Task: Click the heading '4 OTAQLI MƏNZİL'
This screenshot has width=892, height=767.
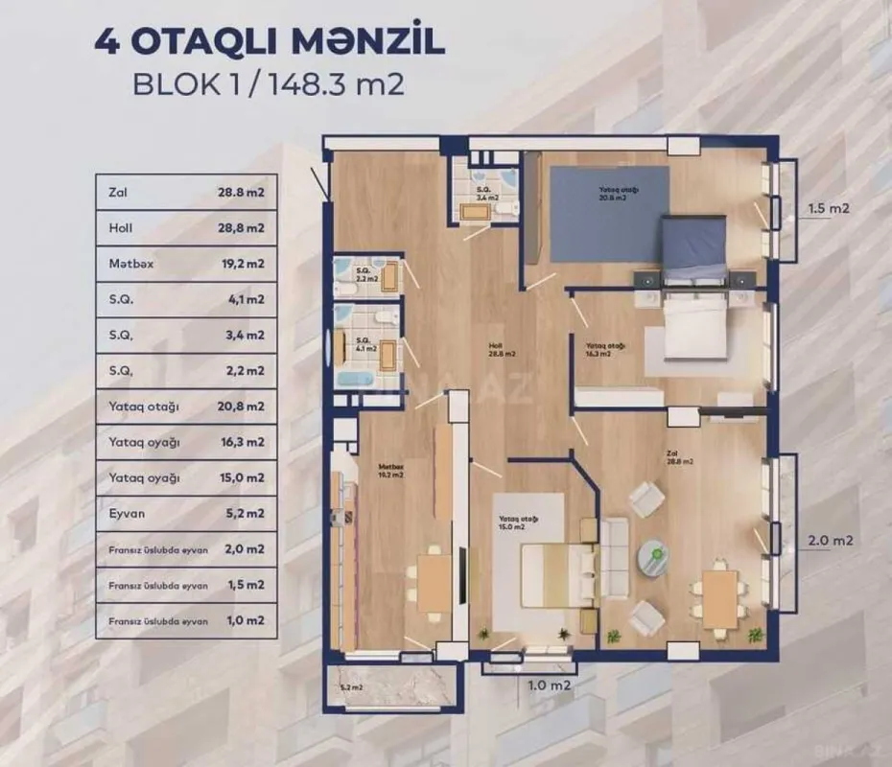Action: pyautogui.click(x=269, y=43)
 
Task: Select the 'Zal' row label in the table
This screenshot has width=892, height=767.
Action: pyautogui.click(x=119, y=192)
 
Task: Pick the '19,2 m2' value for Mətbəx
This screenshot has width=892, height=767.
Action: pyautogui.click(x=241, y=263)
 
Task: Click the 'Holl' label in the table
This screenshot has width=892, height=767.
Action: pyautogui.click(x=121, y=227)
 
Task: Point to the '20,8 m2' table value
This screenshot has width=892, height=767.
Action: pyautogui.click(x=241, y=407)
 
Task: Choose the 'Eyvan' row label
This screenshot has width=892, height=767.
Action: pyautogui.click(x=126, y=514)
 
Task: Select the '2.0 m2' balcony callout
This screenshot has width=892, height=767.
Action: pyautogui.click(x=830, y=540)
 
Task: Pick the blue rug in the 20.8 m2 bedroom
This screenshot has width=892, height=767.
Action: pyautogui.click(x=596, y=215)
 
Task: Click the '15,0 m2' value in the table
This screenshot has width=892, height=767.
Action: pyautogui.click(x=241, y=477)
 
